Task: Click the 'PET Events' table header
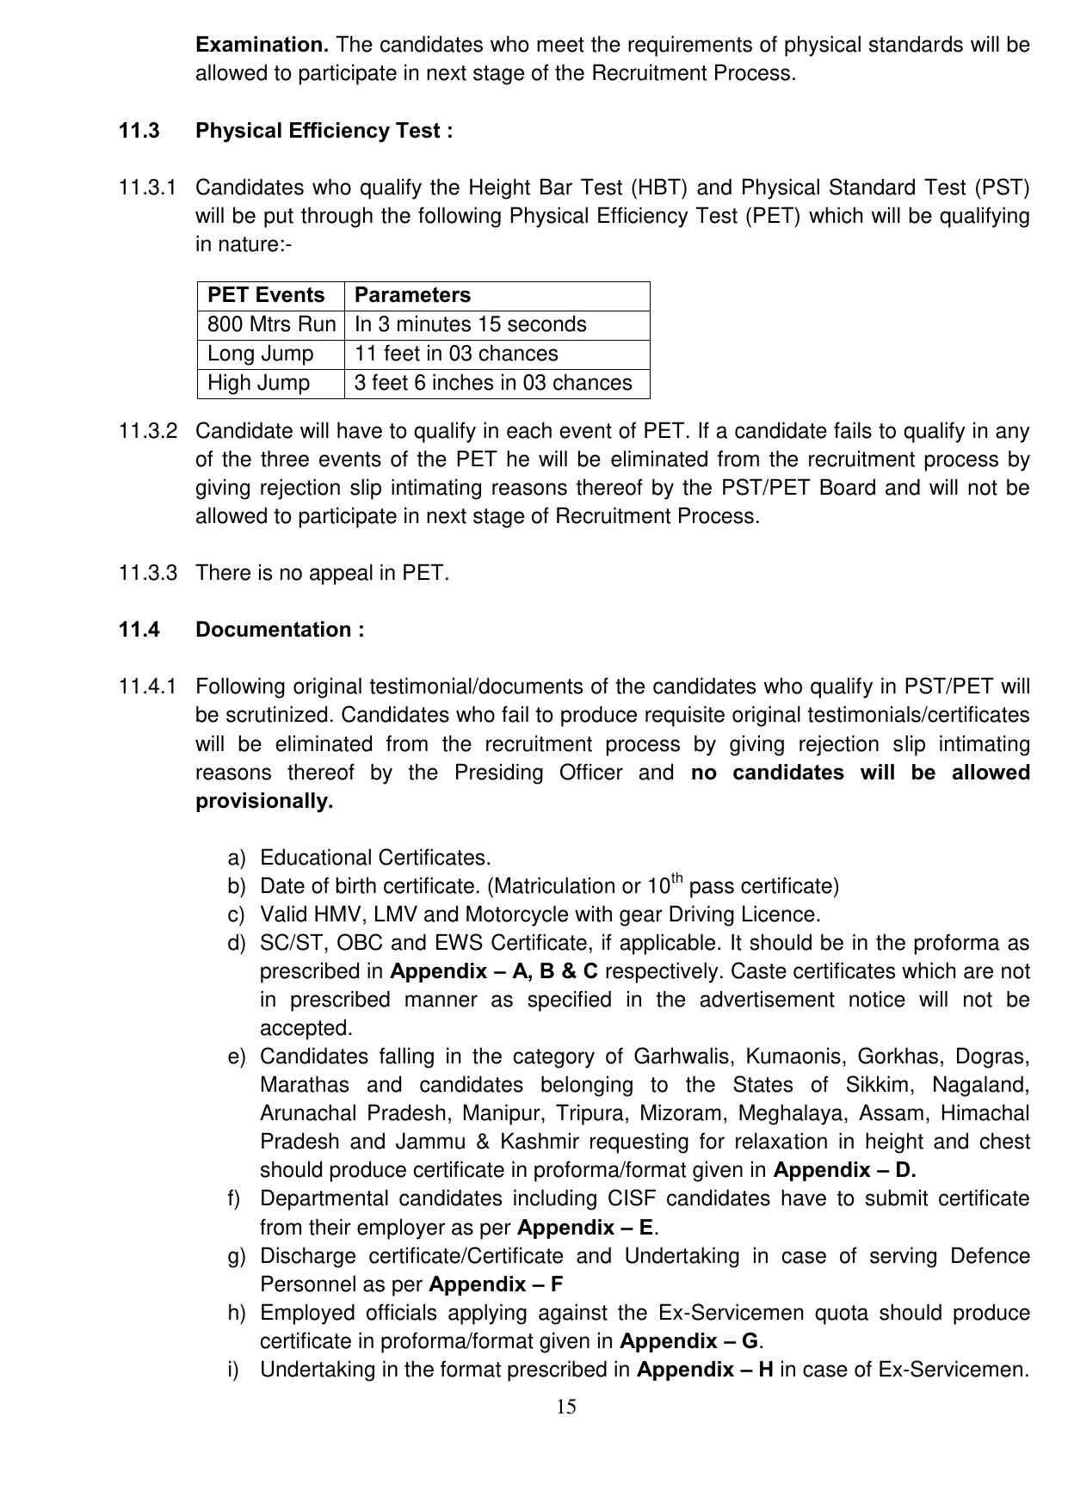(266, 295)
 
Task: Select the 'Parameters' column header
(412, 295)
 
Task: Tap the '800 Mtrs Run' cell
(271, 324)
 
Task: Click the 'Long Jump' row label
(260, 354)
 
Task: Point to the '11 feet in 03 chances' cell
(456, 354)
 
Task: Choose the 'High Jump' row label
(258, 383)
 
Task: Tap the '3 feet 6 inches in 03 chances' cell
(493, 383)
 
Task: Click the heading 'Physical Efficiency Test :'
(324, 131)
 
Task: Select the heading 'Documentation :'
(280, 630)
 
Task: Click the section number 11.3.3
(148, 573)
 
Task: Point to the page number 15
(566, 1407)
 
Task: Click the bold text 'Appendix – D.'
(844, 1170)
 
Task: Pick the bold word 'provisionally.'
(264, 801)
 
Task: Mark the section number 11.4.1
(148, 687)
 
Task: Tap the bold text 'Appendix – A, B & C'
(494, 971)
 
